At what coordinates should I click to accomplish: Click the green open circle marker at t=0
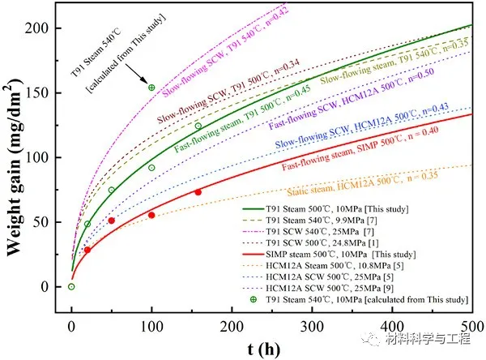(x=71, y=286)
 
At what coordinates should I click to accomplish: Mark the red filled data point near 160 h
(x=198, y=192)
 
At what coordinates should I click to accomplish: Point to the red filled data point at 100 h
(x=151, y=215)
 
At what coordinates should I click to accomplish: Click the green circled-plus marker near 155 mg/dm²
(x=151, y=88)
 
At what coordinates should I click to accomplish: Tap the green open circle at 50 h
(x=112, y=191)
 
